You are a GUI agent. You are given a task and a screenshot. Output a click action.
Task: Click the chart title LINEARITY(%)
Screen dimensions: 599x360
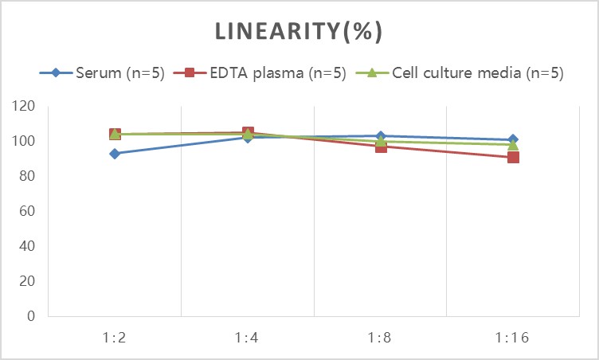point(299,31)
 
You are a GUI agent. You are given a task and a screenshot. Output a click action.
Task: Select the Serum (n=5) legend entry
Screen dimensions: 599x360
point(102,72)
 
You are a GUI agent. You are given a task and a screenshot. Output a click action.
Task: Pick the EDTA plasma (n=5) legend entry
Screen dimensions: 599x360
point(260,72)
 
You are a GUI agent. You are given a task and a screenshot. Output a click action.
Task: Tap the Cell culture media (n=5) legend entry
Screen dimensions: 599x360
point(460,72)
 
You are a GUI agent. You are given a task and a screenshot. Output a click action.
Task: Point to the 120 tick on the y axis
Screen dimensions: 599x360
point(23,106)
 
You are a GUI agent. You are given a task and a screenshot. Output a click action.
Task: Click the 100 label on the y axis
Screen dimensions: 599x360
point(23,141)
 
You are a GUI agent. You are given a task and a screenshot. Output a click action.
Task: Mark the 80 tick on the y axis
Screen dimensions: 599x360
point(27,176)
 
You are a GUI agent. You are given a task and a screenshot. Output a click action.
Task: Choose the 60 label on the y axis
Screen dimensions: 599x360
point(27,211)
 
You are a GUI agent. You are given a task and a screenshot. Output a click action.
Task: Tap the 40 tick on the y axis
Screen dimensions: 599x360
point(27,246)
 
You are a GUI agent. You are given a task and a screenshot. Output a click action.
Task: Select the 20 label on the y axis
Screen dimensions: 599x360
point(27,281)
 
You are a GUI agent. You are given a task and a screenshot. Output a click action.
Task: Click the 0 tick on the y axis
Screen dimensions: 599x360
point(31,316)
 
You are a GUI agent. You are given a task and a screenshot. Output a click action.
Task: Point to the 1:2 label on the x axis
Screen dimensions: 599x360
point(114,338)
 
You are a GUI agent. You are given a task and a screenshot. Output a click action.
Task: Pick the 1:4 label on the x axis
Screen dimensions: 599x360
point(247,338)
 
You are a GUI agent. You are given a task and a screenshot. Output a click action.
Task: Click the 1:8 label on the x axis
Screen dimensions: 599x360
point(380,338)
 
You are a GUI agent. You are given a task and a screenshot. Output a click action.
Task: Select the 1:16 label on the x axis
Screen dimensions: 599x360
point(512,338)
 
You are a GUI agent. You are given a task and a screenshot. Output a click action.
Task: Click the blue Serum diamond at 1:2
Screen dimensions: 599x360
point(114,154)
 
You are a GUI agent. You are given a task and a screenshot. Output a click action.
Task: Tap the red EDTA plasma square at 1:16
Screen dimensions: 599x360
point(513,157)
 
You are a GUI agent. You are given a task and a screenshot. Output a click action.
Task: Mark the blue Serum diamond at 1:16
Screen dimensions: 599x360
point(513,140)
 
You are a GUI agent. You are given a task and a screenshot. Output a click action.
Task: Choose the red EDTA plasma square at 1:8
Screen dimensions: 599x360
point(381,147)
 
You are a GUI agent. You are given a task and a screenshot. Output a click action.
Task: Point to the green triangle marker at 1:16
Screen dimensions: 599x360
point(513,144)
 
